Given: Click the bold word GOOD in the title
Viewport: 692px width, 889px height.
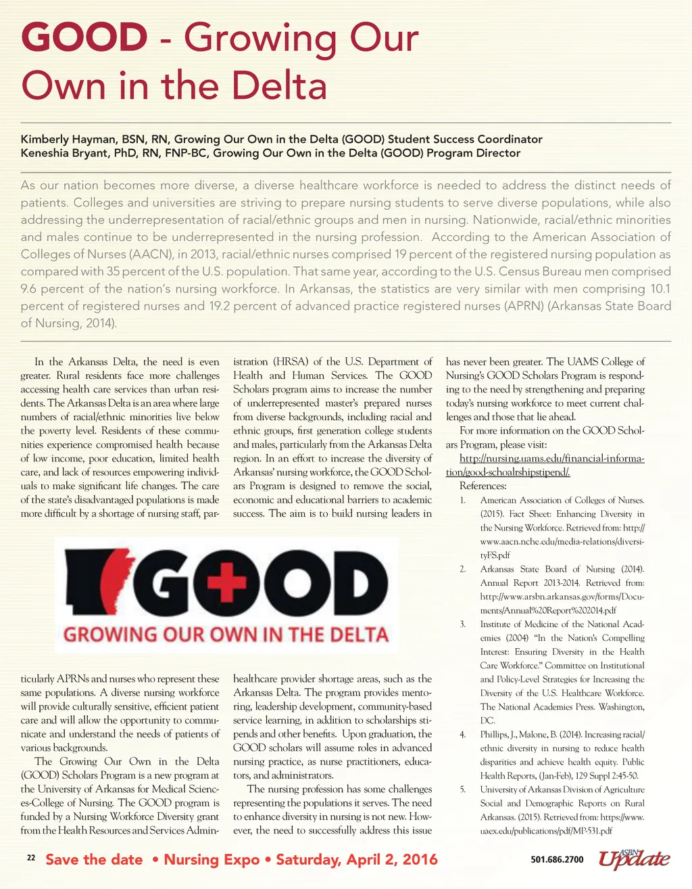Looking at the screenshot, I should coord(84,37).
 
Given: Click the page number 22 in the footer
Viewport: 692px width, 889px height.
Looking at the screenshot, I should coord(30,858).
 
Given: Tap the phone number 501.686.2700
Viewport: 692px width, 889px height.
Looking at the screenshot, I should coord(558,860).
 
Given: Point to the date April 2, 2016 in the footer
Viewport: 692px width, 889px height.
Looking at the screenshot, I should coord(392,860).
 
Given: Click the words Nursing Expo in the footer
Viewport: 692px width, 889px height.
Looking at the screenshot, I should coord(212,860).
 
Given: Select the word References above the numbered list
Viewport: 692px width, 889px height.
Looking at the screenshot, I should coord(483,486).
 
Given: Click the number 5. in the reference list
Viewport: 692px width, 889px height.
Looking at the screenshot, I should coord(463,790).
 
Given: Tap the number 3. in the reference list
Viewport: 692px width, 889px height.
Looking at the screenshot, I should coord(463,624).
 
